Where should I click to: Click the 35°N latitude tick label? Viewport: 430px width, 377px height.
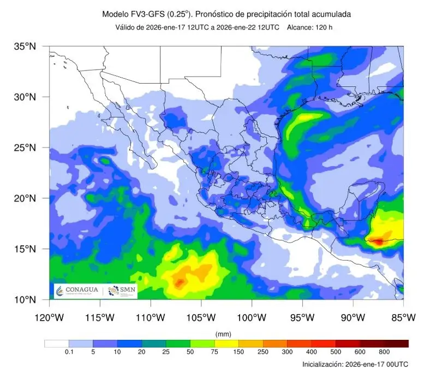[x=25, y=46]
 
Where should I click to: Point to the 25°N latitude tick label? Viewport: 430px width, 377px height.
[x=25, y=148]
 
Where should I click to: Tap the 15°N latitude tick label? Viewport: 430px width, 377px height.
[x=25, y=249]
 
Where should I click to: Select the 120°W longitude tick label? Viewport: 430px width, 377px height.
[x=50, y=317]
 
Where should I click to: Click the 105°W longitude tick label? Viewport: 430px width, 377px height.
[x=201, y=317]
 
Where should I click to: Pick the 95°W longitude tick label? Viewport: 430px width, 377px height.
[x=302, y=317]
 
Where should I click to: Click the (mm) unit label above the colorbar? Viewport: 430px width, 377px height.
[x=224, y=333]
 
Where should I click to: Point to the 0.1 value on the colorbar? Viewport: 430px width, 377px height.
[x=69, y=352]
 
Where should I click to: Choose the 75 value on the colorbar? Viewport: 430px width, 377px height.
[x=214, y=352]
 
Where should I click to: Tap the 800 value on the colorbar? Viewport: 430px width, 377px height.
[x=384, y=352]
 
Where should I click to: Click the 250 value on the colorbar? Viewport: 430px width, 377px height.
[x=263, y=352]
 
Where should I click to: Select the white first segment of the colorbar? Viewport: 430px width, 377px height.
[x=57, y=343]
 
